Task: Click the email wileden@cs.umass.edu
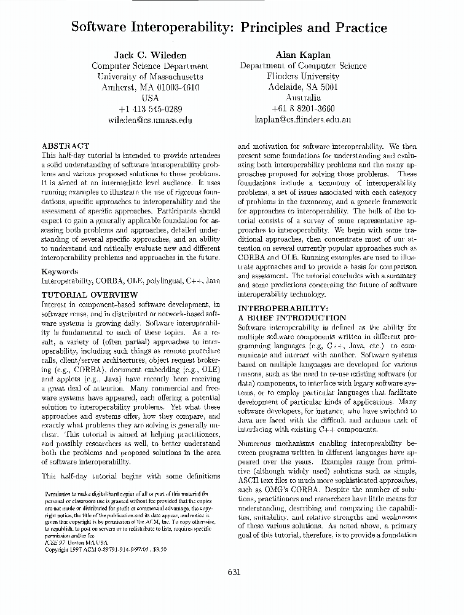tap(151, 121)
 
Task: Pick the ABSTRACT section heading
tap(65, 146)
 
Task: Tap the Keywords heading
tap(60, 271)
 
